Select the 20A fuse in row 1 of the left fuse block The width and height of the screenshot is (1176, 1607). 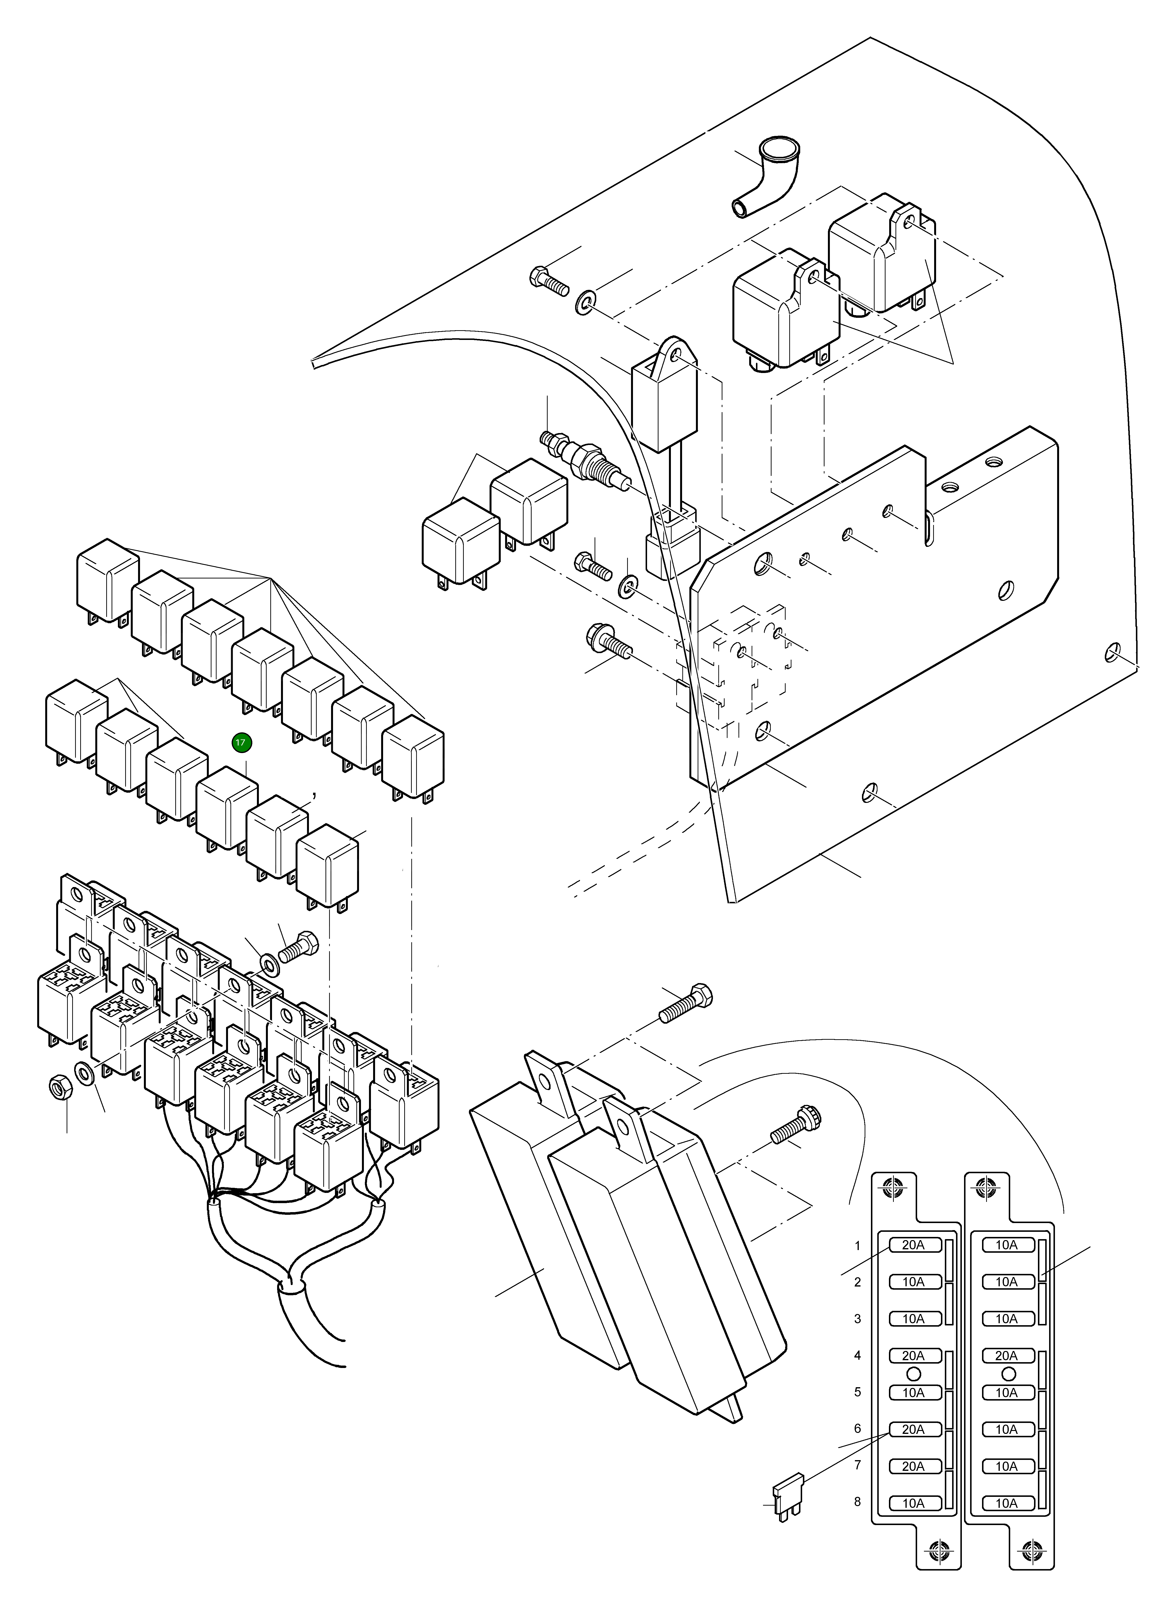[913, 1245]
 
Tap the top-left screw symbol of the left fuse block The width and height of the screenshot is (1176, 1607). [893, 1187]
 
